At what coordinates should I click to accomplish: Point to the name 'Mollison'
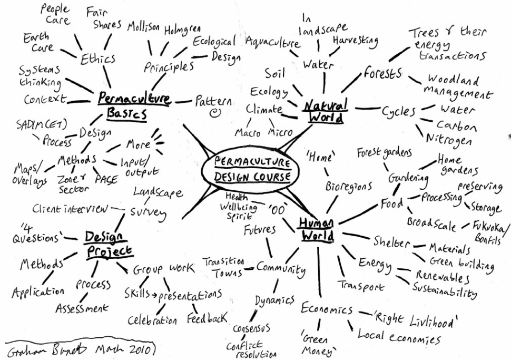coord(144,28)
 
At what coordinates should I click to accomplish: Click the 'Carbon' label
coord(457,126)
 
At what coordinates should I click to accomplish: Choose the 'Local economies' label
coord(399,336)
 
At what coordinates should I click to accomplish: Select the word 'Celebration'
coord(153,320)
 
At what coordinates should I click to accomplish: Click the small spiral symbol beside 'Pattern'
coord(214,113)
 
